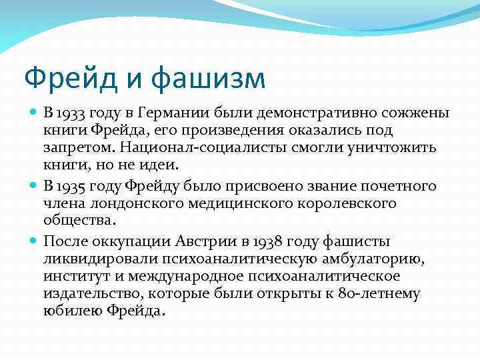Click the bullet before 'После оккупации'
pyautogui.click(x=35, y=241)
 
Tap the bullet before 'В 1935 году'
pyautogui.click(x=35, y=185)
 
